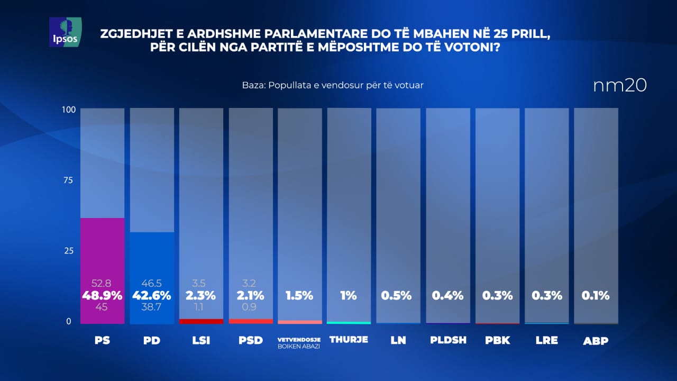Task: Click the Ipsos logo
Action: click(x=65, y=32)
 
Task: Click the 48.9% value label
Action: click(x=102, y=296)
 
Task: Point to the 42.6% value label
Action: click(x=152, y=296)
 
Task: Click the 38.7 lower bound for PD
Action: click(x=152, y=307)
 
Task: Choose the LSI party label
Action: click(x=201, y=340)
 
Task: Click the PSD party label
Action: click(x=251, y=340)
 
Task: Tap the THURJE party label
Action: click(x=349, y=340)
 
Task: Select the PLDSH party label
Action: click(x=448, y=340)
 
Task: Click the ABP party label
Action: click(x=596, y=341)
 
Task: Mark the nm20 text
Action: click(x=620, y=86)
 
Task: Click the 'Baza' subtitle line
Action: click(x=333, y=85)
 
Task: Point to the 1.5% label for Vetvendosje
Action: click(x=299, y=296)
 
